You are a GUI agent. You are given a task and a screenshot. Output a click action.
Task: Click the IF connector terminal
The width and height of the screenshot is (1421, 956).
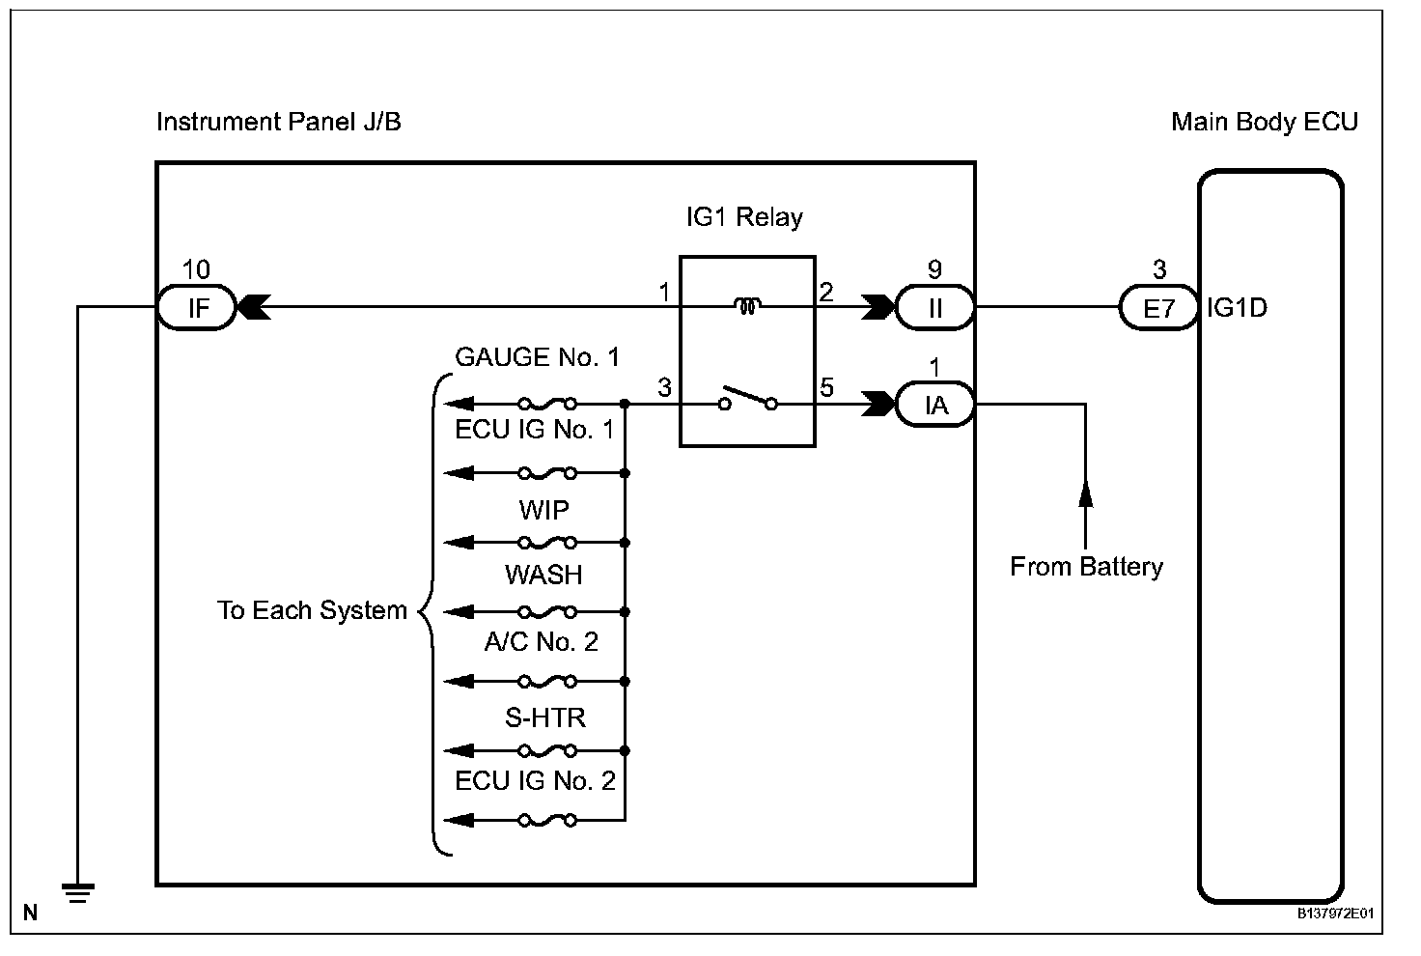(197, 309)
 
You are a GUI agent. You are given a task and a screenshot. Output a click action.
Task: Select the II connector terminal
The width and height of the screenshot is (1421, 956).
(934, 309)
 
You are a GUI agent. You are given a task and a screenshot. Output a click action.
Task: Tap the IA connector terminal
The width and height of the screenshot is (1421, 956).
(934, 406)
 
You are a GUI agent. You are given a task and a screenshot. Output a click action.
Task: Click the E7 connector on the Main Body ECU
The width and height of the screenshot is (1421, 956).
(1158, 309)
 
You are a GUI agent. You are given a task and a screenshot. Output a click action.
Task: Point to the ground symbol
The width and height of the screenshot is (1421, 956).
(78, 892)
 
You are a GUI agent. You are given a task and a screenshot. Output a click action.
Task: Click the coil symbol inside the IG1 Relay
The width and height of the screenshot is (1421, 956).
(747, 307)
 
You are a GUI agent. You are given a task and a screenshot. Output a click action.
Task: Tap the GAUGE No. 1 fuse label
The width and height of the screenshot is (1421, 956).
(537, 357)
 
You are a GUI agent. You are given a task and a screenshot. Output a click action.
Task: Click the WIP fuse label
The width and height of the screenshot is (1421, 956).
(543, 510)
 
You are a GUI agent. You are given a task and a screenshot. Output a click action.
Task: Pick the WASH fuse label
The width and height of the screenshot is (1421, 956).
(543, 576)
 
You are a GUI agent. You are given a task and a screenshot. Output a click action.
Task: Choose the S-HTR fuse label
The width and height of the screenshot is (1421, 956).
(545, 717)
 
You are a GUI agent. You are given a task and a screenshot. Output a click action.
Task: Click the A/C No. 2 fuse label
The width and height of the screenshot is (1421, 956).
(541, 641)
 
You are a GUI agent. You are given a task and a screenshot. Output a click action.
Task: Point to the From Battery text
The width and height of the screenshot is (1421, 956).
(1086, 567)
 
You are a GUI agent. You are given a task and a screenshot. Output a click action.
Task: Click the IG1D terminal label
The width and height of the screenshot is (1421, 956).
(1237, 309)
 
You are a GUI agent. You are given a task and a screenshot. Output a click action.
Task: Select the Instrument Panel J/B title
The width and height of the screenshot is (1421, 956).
(278, 123)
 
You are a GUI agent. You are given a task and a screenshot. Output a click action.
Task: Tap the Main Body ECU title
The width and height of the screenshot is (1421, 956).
(1264, 123)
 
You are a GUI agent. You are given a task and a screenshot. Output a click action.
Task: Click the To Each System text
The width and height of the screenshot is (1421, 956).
(312, 610)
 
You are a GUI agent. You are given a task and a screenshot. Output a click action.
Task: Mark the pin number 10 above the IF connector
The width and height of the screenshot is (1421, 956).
(196, 270)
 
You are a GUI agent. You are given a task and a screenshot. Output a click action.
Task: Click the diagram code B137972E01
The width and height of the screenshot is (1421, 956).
(1335, 912)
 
